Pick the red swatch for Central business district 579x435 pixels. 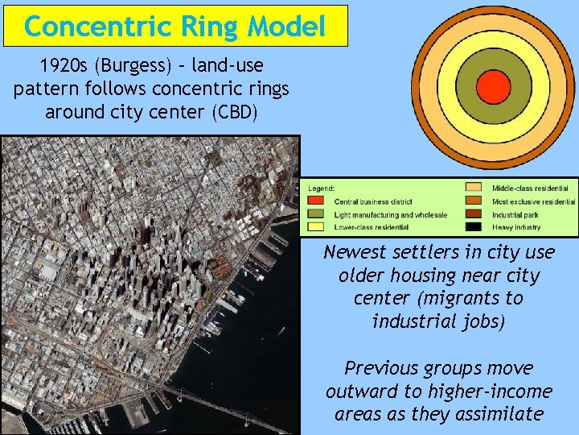pos(316,201)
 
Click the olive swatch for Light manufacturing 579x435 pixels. pos(316,215)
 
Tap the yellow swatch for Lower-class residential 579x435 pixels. pos(316,228)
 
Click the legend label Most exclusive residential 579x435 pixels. pos(534,201)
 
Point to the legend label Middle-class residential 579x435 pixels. pos(532,188)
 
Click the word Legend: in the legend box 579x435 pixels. pos(318,188)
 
